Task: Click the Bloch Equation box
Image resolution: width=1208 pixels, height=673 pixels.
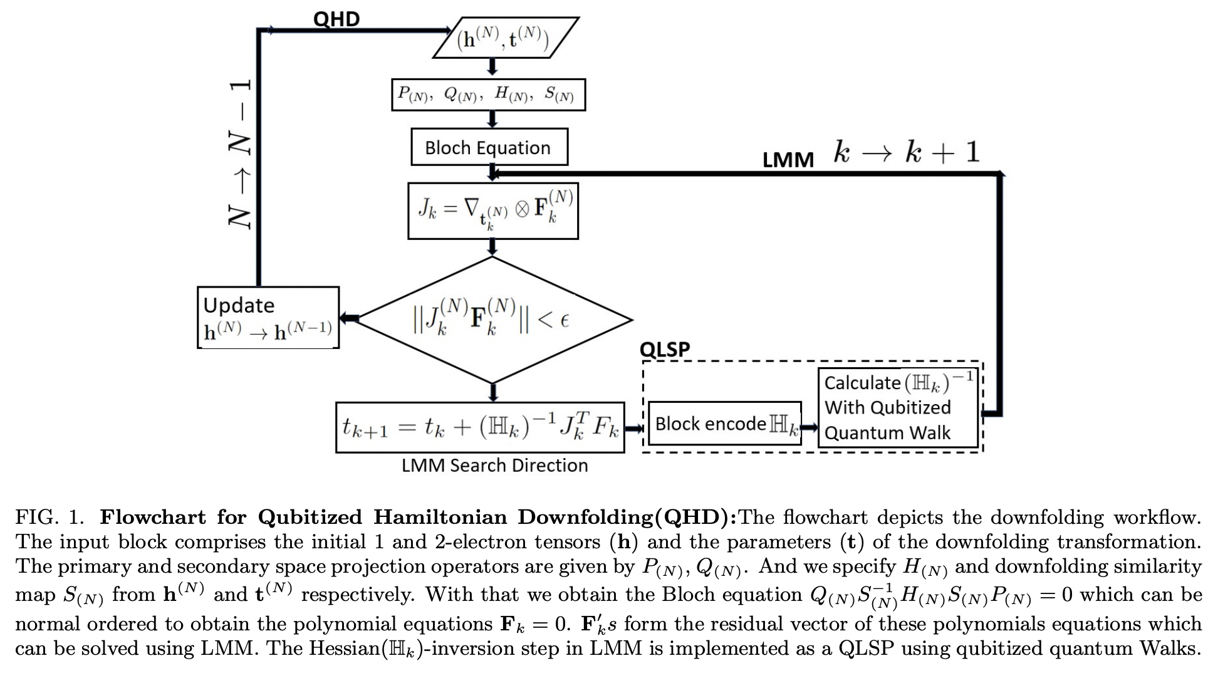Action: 489,147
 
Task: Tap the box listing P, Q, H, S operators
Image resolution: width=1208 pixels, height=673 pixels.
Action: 487,95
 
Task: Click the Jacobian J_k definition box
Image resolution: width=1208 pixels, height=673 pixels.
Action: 492,211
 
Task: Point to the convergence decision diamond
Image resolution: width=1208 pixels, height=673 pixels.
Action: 492,320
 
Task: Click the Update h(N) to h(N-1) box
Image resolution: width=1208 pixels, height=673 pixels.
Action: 268,318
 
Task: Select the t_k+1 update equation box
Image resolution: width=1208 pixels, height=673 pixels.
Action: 480,427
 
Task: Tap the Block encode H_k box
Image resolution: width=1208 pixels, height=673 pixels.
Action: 724,424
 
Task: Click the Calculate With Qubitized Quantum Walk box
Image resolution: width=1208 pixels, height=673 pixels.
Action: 897,407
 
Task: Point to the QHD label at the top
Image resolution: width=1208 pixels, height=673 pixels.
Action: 336,19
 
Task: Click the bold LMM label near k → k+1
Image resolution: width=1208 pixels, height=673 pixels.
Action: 788,160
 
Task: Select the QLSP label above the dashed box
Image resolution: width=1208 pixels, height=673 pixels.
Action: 664,349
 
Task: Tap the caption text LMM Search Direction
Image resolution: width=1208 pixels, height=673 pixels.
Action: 494,466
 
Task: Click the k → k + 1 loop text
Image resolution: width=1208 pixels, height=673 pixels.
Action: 906,152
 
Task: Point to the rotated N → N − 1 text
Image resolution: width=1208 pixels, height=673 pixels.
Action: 238,155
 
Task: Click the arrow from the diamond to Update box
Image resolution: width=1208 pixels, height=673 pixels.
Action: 348,318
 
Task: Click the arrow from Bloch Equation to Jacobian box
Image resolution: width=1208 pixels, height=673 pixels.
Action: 492,173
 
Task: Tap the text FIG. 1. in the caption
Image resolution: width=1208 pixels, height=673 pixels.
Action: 49,518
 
